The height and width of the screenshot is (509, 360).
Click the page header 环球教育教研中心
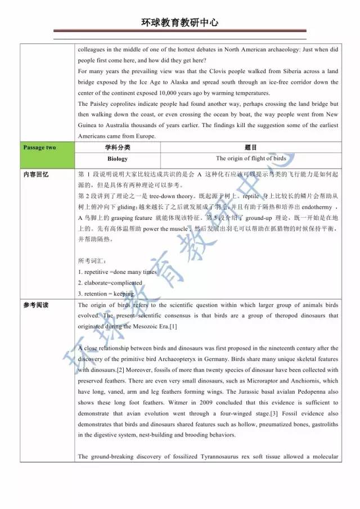pyautogui.click(x=180, y=22)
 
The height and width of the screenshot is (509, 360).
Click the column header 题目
pyautogui.click(x=250, y=148)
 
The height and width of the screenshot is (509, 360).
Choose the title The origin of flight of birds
pyautogui.click(x=250, y=159)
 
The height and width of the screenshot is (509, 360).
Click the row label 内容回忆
pyautogui.click(x=36, y=174)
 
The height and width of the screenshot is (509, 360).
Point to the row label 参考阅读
pyautogui.click(x=36, y=305)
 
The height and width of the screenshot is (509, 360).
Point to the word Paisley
pyautogui.click(x=99, y=104)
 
